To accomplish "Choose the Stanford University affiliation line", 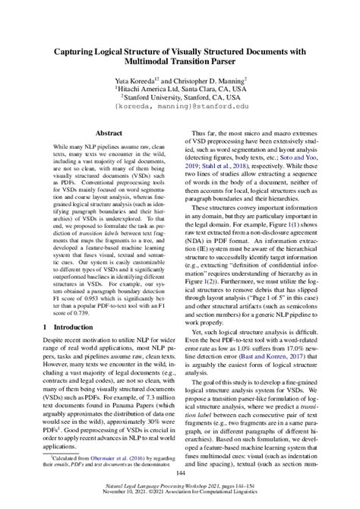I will tap(180, 107).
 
